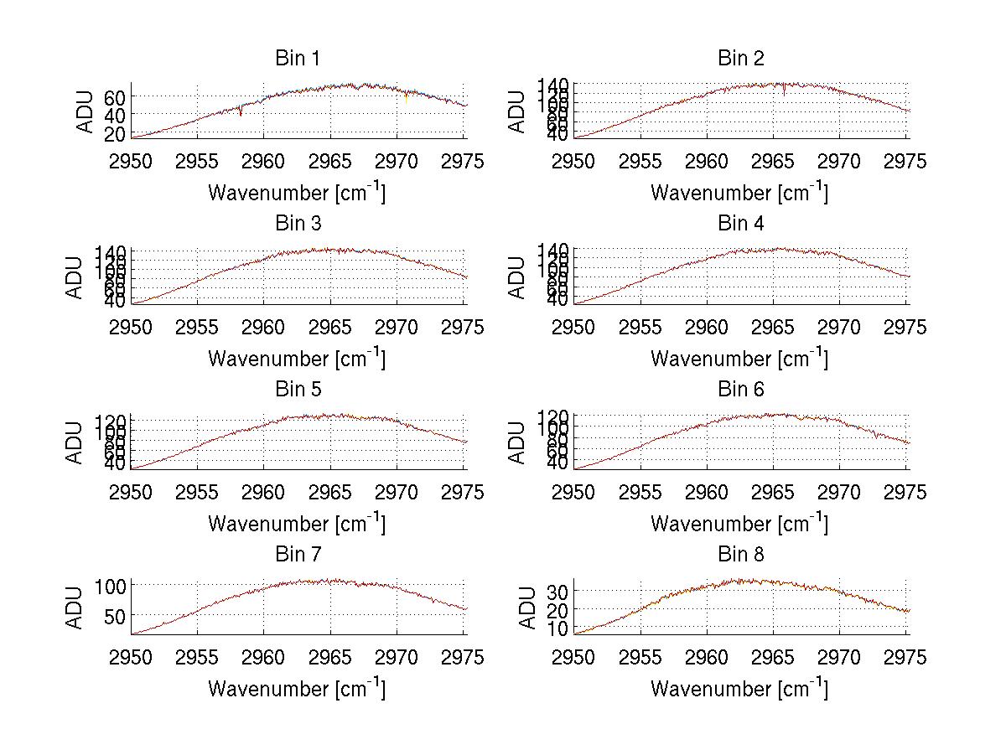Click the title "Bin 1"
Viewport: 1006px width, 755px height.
[x=297, y=59]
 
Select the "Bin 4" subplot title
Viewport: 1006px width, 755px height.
[x=740, y=224]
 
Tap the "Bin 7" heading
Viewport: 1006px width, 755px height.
[x=297, y=555]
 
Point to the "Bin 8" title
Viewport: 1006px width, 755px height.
[x=740, y=555]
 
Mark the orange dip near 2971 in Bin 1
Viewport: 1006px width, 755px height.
[x=407, y=99]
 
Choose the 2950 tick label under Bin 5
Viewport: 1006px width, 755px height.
[x=132, y=492]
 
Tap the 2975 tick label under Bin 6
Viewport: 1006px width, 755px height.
[x=905, y=492]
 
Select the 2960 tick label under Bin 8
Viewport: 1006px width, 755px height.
[x=707, y=658]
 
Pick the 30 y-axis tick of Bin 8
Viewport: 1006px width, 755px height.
[x=557, y=592]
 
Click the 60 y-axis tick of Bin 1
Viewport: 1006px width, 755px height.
[x=114, y=97]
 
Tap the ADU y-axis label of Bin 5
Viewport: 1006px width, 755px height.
[x=76, y=442]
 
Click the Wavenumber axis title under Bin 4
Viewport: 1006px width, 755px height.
[x=739, y=359]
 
